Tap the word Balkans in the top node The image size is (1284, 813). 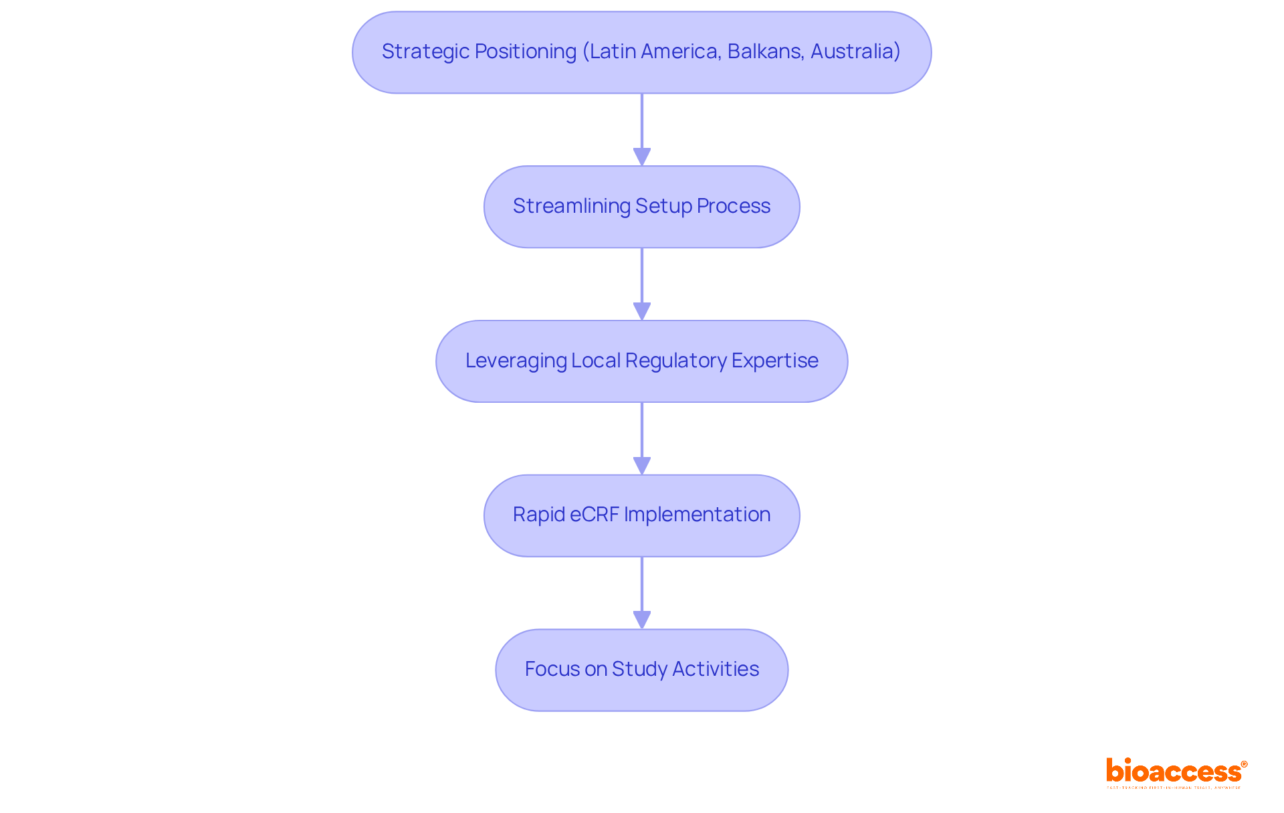pos(764,52)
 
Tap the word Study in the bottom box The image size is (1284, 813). pos(639,669)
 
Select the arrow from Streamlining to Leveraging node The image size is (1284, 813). pos(642,284)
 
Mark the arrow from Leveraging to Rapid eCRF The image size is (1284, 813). pos(642,438)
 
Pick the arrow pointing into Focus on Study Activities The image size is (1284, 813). pos(642,593)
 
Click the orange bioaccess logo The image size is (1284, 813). pos(1176,772)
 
